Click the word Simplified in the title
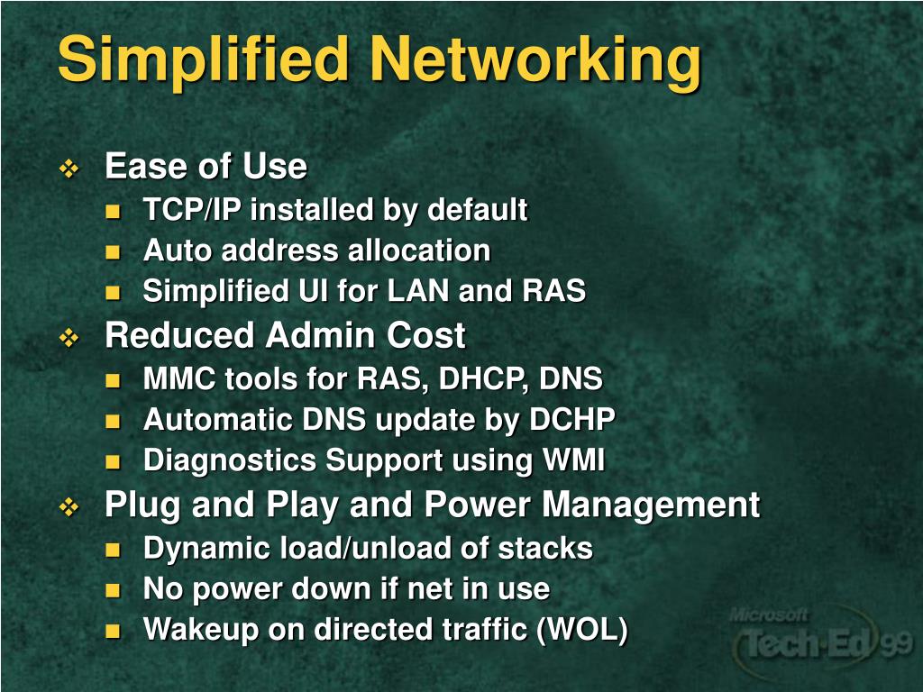pyautogui.click(x=203, y=60)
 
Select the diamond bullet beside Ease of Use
pyautogui.click(x=69, y=168)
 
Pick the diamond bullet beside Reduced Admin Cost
pyautogui.click(x=69, y=338)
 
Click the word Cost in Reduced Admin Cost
pyautogui.click(x=426, y=336)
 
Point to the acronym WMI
pyautogui.click(x=573, y=460)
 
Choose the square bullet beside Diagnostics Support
pyautogui.click(x=113, y=462)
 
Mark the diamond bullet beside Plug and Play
pyautogui.click(x=69, y=507)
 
